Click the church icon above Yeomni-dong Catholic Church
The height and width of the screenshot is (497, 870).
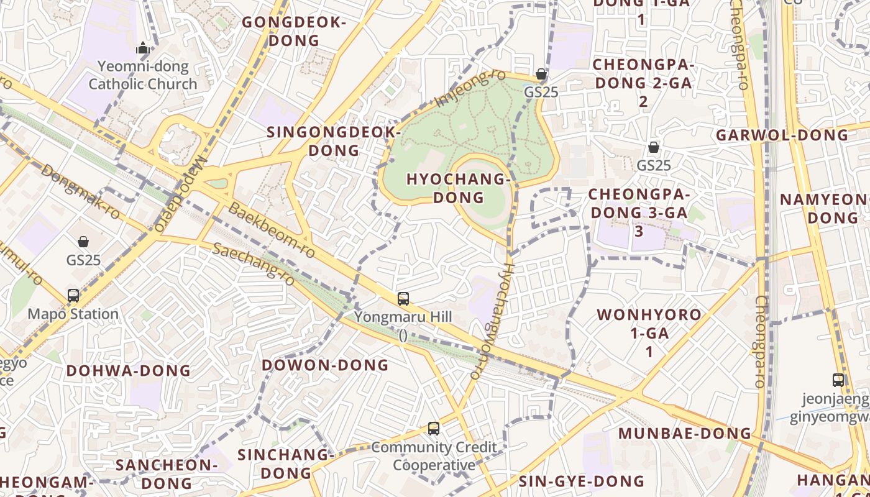pos(144,48)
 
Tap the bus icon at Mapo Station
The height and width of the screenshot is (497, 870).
pos(73,296)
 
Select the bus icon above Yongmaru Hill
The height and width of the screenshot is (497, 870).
pos(403,299)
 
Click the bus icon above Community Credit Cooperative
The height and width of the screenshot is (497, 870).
pos(434,429)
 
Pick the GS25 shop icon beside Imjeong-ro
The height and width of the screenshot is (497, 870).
pos(541,74)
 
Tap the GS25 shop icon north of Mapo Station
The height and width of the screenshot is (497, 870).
pos(83,242)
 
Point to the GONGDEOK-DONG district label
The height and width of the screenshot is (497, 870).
pos(293,32)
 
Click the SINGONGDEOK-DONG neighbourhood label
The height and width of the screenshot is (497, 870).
pos(334,141)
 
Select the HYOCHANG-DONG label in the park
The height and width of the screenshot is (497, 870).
pos(459,188)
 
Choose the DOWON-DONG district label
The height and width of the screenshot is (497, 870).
pos(325,365)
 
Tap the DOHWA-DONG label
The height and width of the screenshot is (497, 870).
pos(129,371)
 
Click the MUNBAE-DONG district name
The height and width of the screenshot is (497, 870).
pos(685,433)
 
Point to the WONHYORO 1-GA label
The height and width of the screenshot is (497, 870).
pos(649,333)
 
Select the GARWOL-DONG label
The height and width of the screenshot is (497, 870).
pos(782,135)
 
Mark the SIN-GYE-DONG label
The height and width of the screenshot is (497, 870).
pos(582,481)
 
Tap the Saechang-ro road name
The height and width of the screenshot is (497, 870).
pos(252,260)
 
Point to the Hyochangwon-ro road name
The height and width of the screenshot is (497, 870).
pos(492,320)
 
